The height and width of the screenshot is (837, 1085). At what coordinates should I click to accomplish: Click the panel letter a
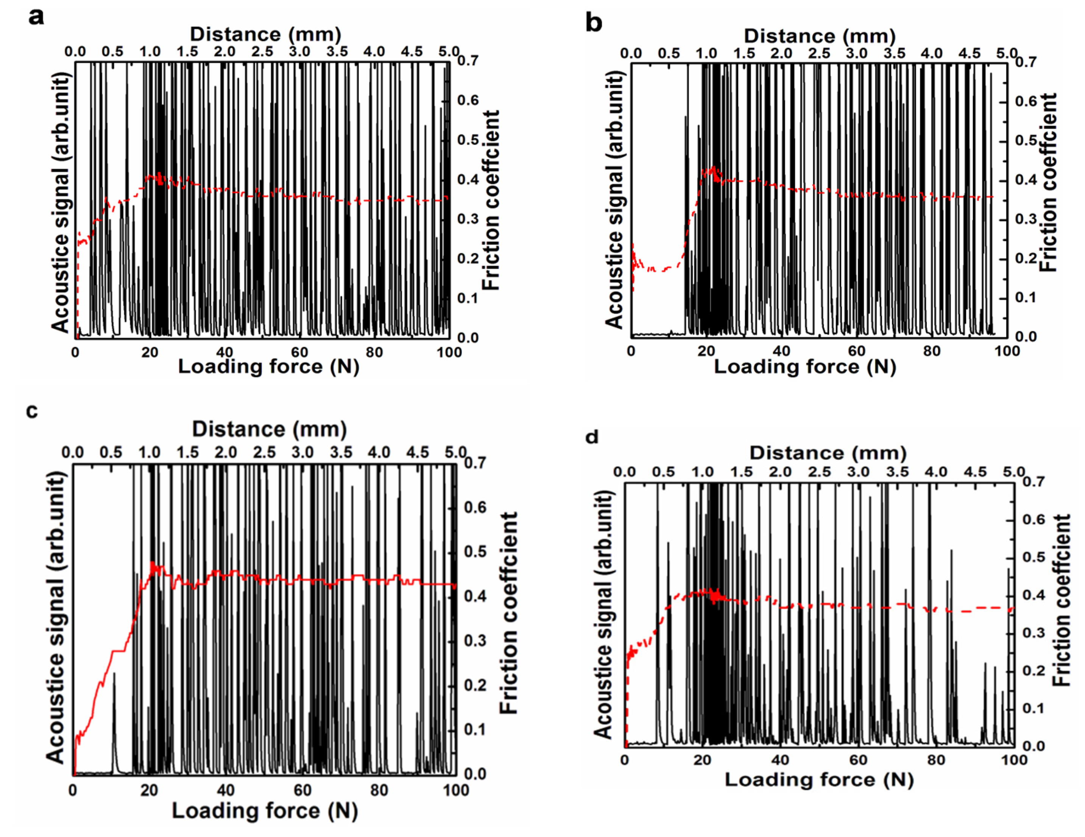click(36, 17)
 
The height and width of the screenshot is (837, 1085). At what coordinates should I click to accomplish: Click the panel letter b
click(594, 23)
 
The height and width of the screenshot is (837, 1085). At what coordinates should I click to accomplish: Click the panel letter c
click(32, 411)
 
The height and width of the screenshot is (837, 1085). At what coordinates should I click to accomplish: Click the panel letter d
click(592, 437)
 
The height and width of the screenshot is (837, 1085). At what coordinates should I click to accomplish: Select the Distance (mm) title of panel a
click(265, 34)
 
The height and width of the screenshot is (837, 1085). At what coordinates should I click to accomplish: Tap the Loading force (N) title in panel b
click(805, 366)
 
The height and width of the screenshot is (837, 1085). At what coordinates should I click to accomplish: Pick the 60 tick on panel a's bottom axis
click(299, 352)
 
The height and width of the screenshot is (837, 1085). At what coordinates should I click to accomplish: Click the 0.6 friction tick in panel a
click(468, 100)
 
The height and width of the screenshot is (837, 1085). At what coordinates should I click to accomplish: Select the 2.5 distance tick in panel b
click(819, 53)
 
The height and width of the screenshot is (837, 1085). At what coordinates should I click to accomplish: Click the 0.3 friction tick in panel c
click(475, 641)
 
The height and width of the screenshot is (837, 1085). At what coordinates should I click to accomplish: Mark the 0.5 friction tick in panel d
click(1034, 557)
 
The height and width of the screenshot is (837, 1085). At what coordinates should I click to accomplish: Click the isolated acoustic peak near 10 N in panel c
click(114, 676)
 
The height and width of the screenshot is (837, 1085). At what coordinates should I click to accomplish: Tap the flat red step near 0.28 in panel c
click(119, 651)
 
